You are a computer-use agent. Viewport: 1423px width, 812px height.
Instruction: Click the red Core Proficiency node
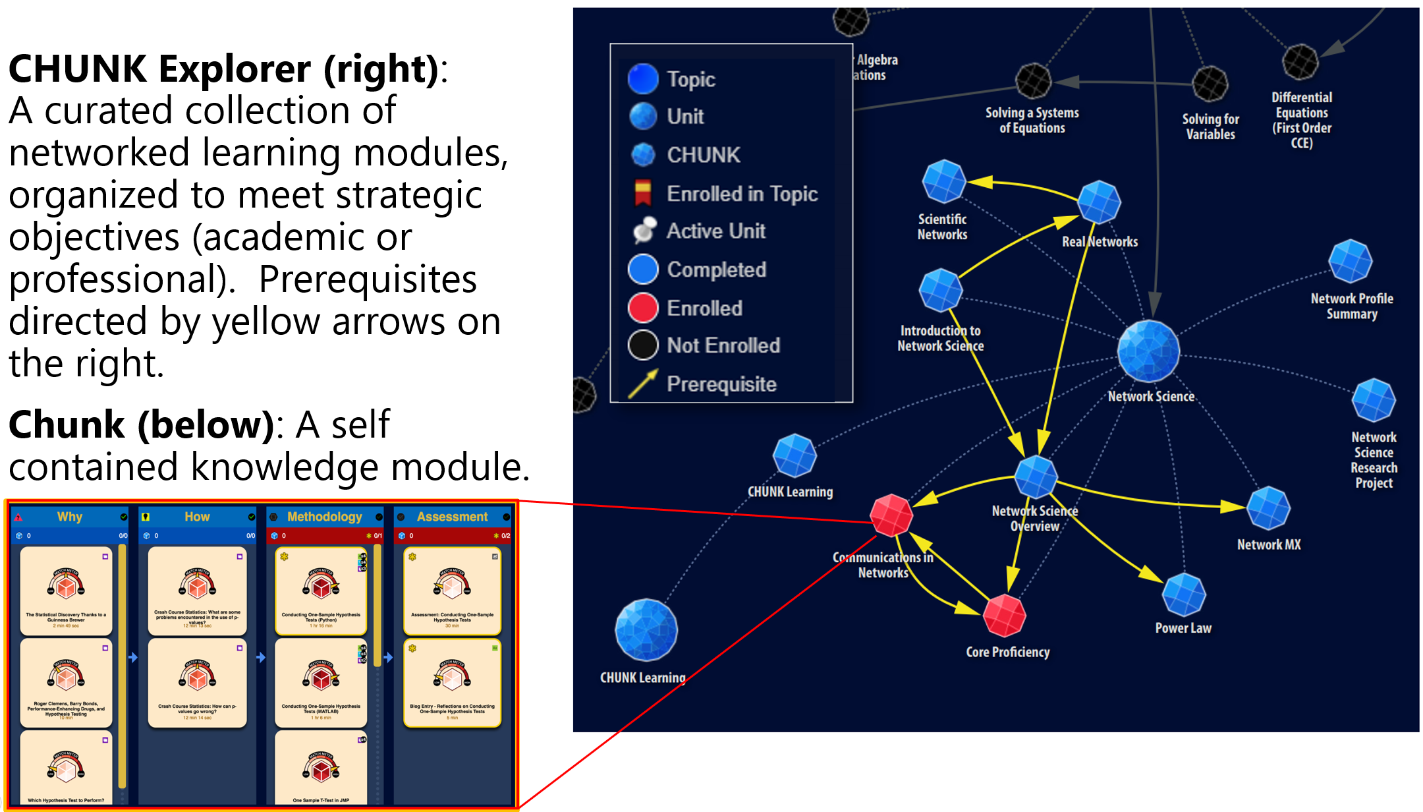pyautogui.click(x=1004, y=615)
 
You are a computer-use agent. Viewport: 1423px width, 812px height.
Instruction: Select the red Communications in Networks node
pyautogui.click(x=891, y=515)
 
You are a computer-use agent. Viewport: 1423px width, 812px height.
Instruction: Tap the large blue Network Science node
pyautogui.click(x=1148, y=351)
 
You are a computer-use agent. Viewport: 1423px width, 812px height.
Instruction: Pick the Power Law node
pyautogui.click(x=1184, y=594)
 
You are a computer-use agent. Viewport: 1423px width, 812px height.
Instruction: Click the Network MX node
pyautogui.click(x=1268, y=508)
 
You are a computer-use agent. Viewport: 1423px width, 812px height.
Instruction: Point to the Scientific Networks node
pyautogui.click(x=943, y=181)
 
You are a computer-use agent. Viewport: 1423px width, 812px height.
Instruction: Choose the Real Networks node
pyautogui.click(x=1099, y=202)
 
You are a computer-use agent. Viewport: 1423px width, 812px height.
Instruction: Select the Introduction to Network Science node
pyautogui.click(x=940, y=290)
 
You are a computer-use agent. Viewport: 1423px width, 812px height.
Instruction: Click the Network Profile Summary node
pyautogui.click(x=1350, y=261)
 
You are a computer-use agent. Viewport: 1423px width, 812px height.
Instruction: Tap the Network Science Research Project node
pyautogui.click(x=1374, y=400)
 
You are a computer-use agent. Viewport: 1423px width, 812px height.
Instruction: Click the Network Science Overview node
pyautogui.click(x=1036, y=476)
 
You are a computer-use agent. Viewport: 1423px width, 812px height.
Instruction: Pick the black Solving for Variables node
pyautogui.click(x=1210, y=84)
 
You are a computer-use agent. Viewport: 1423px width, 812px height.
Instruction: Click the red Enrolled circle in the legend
pyautogui.click(x=643, y=308)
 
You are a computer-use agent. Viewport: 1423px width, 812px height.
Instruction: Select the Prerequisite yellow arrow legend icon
pyautogui.click(x=642, y=384)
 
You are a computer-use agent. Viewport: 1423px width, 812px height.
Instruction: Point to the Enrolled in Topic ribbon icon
pyautogui.click(x=642, y=193)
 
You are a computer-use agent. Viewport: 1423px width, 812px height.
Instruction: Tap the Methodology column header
pyautogui.click(x=324, y=517)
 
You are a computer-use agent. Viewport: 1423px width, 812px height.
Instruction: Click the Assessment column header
pyautogui.click(x=452, y=517)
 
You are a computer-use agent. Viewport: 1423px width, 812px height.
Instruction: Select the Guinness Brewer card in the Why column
pyautogui.click(x=66, y=591)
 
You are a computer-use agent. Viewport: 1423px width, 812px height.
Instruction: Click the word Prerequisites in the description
pyautogui.click(x=368, y=279)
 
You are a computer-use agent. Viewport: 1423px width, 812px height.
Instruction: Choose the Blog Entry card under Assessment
pyautogui.click(x=452, y=683)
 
